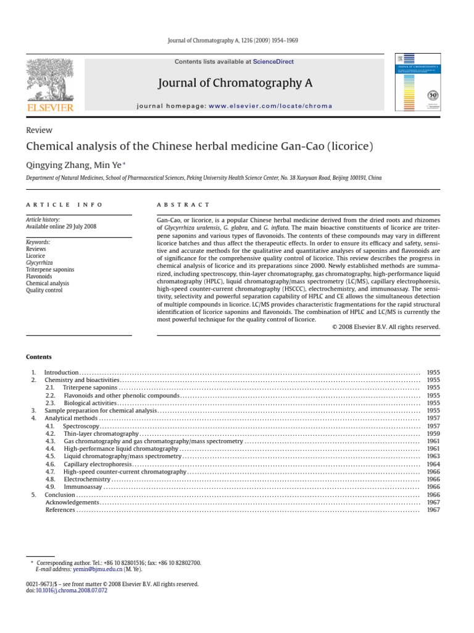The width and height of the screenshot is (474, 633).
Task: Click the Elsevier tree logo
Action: (49, 80)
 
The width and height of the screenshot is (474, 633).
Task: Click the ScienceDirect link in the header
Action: (273, 62)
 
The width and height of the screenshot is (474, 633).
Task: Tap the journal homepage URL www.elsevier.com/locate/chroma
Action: (262, 106)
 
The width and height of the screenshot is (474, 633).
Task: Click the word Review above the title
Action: (39, 130)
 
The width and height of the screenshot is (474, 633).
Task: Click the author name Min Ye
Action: (108, 164)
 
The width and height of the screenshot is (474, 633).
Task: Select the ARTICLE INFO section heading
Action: (64, 205)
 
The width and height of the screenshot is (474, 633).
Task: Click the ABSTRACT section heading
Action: (183, 205)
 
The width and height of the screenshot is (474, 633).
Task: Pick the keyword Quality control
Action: (44, 290)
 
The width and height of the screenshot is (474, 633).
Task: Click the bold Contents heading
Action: (39, 357)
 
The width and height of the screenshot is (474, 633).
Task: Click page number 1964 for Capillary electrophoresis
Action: (433, 464)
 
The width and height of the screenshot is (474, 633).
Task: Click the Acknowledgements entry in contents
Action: (72, 503)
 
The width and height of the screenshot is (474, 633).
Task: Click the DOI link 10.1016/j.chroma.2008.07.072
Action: (72, 590)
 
